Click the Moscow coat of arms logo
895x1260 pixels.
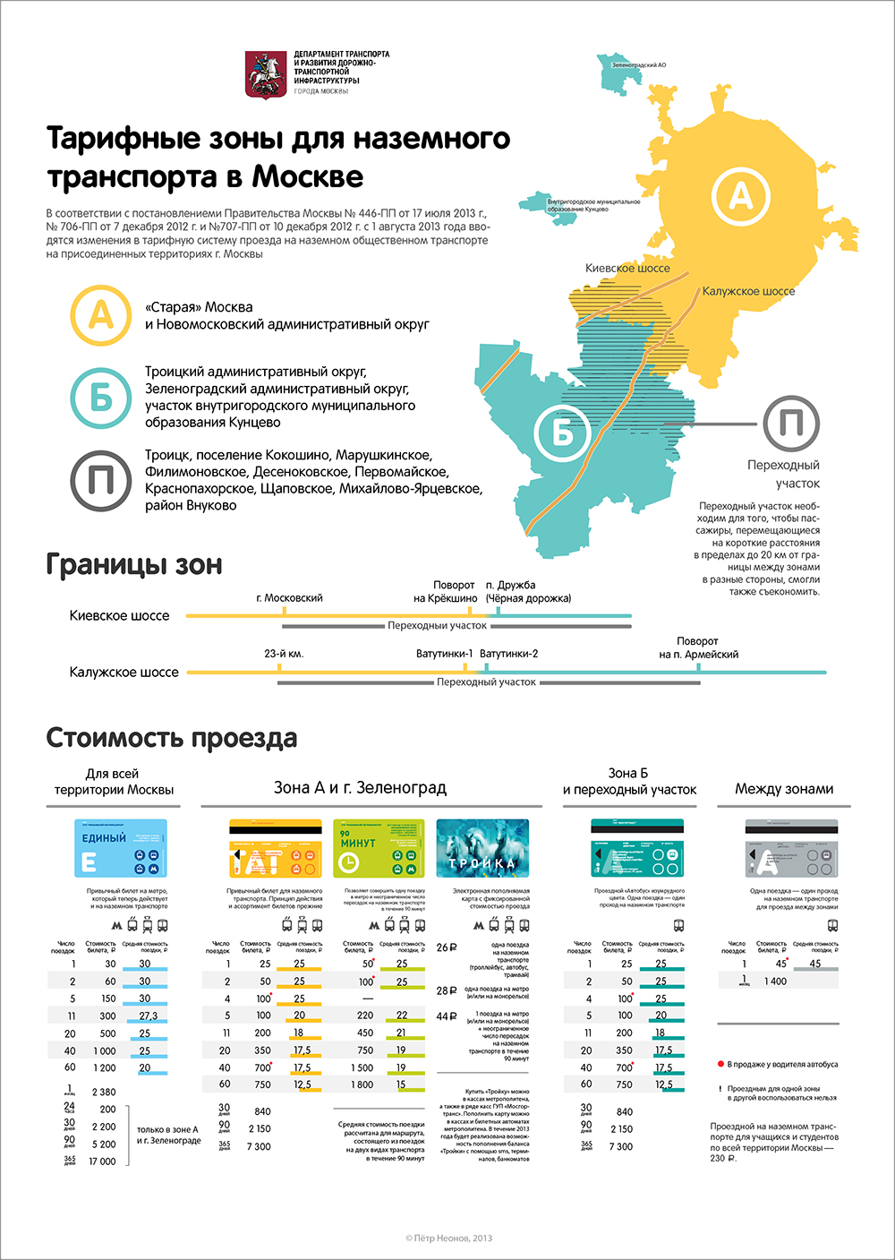point(265,74)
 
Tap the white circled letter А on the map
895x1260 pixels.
point(740,195)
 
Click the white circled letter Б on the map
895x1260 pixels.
point(562,433)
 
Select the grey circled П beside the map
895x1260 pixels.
point(791,424)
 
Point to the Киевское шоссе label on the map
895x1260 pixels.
point(627,268)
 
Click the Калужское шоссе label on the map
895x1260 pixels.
point(748,291)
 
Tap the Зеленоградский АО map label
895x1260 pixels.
point(638,65)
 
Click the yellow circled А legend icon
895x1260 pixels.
point(100,315)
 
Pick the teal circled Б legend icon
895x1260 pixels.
point(100,397)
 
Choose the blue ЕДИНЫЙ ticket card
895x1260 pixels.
point(121,849)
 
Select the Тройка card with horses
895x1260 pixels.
point(482,849)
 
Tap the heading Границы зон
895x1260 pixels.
point(134,565)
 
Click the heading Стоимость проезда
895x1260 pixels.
point(172,738)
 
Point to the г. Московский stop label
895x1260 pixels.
point(289,597)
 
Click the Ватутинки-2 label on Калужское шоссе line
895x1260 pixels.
point(508,654)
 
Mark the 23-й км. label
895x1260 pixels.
point(284,654)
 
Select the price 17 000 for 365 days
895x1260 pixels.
point(103,1161)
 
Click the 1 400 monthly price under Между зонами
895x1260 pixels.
point(775,981)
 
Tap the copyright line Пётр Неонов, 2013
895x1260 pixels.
point(448,1239)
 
